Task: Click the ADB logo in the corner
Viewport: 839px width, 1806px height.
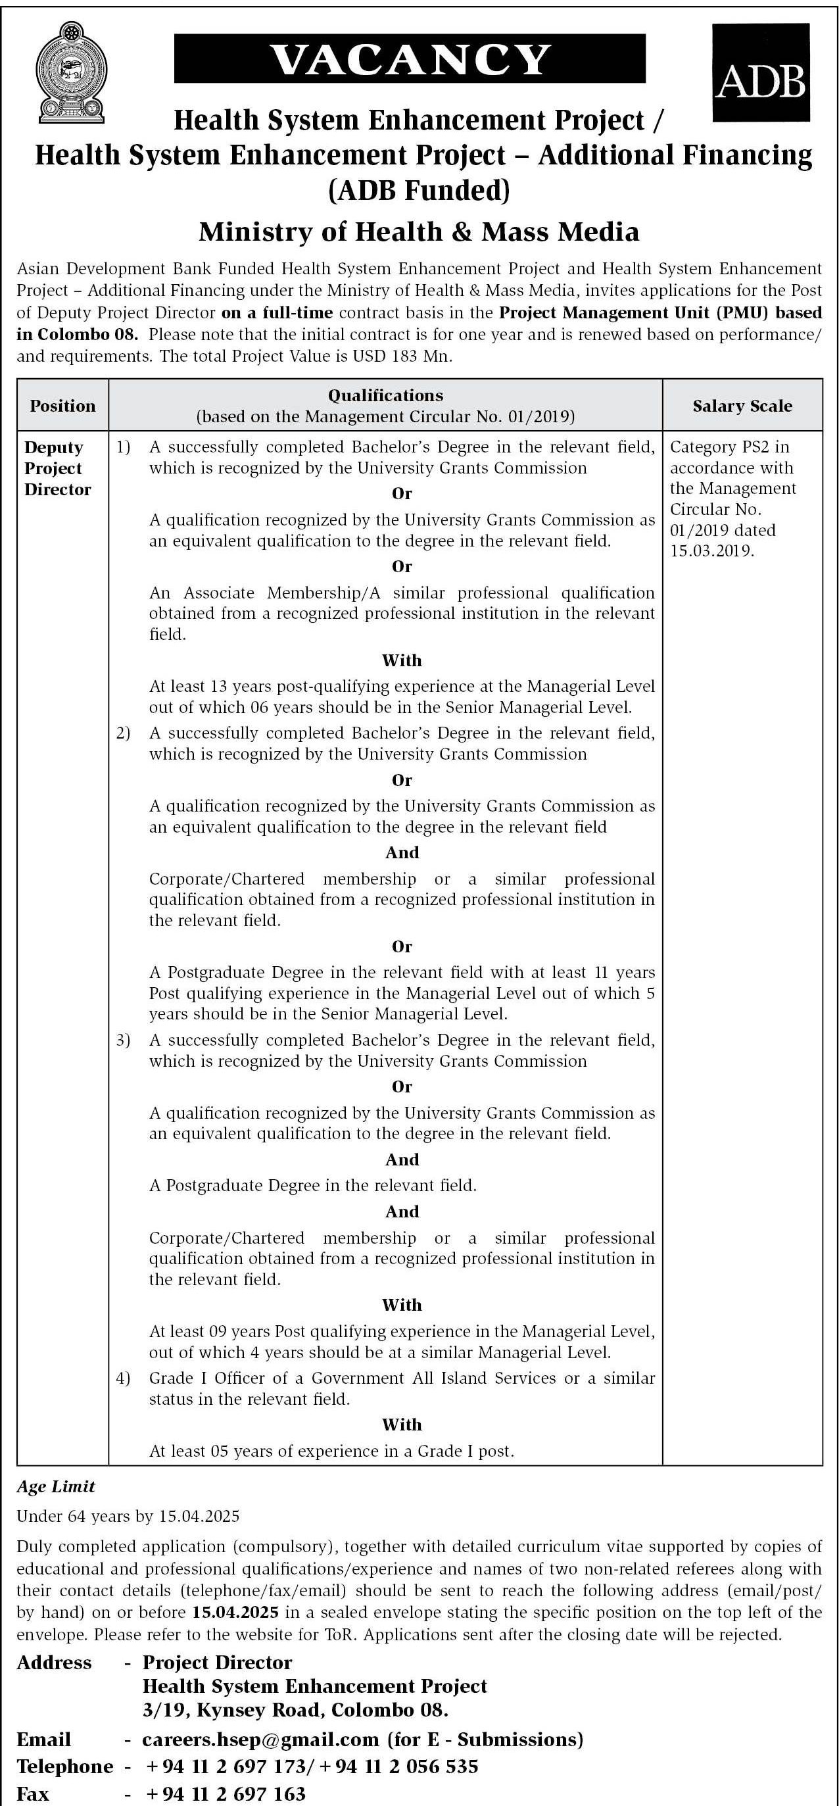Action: click(x=761, y=73)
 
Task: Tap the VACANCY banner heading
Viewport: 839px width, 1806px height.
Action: click(x=410, y=59)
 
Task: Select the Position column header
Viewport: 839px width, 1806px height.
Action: click(x=62, y=406)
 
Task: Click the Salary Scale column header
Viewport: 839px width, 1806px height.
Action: click(x=742, y=406)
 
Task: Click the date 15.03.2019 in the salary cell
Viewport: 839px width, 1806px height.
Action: click(x=711, y=551)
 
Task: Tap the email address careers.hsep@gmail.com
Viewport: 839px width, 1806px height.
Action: click(x=260, y=1740)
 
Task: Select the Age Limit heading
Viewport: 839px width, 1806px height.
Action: click(x=55, y=1486)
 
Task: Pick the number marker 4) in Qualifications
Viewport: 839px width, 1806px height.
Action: click(x=124, y=1378)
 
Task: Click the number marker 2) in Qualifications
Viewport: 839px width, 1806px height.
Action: click(x=124, y=733)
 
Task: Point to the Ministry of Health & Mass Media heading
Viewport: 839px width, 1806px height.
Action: click(x=418, y=232)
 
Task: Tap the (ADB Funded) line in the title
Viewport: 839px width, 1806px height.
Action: click(x=419, y=190)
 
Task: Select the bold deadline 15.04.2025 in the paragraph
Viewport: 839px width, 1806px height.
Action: click(x=233, y=1612)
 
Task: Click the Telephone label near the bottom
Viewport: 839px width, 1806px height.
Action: click(x=64, y=1766)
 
